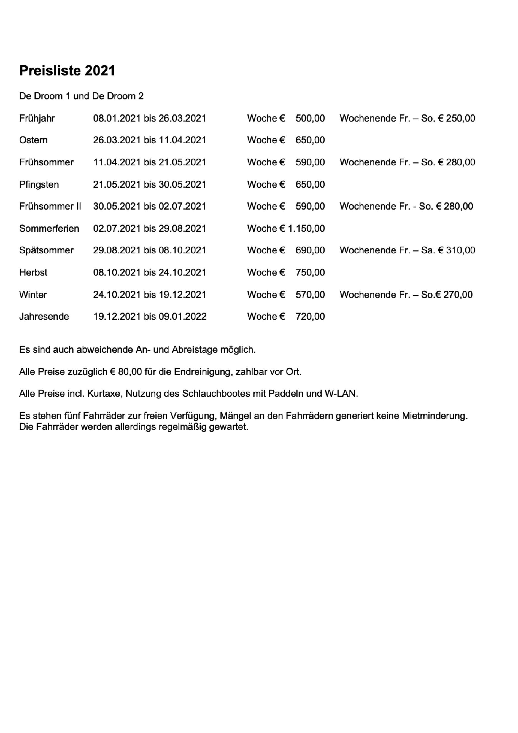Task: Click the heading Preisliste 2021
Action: (67, 71)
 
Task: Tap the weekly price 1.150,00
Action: (306, 229)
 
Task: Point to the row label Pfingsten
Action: (39, 184)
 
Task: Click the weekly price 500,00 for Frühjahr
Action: (310, 118)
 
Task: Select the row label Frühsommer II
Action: (50, 207)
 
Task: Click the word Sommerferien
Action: (49, 229)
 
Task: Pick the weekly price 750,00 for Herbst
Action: (310, 273)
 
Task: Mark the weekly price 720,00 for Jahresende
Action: (310, 317)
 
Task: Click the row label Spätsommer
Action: (46, 250)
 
